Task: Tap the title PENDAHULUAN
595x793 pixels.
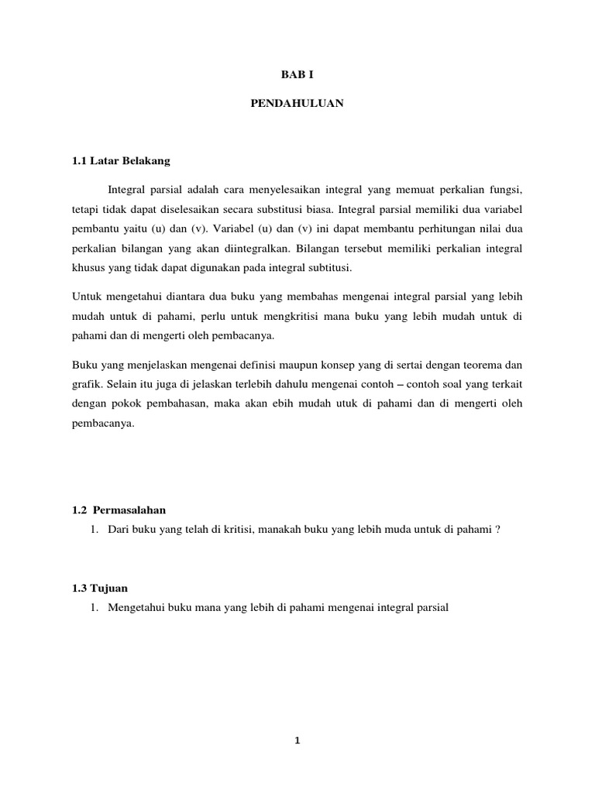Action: coord(297,103)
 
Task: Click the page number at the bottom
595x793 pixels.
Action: coord(297,740)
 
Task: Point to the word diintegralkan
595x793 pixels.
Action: coord(249,249)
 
